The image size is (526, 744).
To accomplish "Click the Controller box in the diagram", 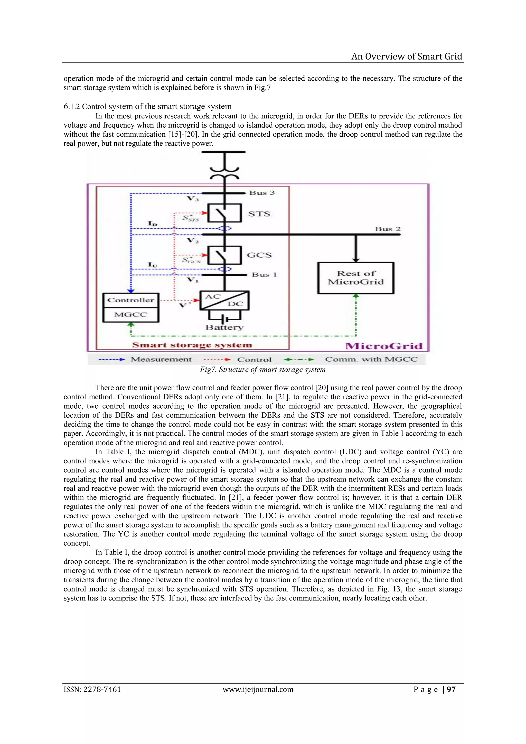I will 131,300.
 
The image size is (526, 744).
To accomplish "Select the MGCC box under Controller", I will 131,315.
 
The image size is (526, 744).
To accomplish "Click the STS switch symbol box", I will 224,213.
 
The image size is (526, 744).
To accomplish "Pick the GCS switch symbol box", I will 224,255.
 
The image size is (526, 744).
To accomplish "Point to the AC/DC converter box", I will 224,300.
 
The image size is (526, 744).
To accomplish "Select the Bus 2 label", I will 388,229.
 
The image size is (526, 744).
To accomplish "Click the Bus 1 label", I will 264,275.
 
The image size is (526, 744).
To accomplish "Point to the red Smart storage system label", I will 192,345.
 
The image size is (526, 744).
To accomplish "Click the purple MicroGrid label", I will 384,346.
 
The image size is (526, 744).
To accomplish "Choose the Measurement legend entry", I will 161,359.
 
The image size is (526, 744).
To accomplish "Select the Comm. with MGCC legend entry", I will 371,359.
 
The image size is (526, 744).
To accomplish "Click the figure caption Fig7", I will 262,369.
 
